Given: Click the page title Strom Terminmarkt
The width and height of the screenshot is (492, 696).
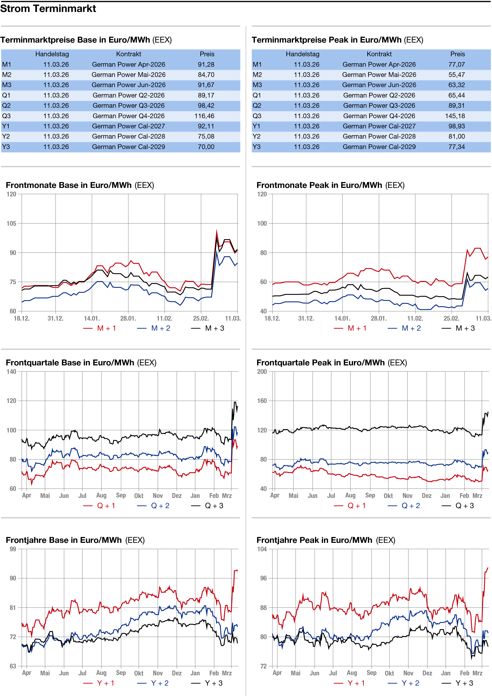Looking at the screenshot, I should pos(48,8).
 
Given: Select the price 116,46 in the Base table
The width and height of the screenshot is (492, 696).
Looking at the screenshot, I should pos(204,116).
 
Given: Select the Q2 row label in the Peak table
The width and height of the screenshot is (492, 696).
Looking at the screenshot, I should pos(257,106).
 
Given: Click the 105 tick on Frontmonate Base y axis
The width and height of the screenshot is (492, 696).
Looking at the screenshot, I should pos(11,223).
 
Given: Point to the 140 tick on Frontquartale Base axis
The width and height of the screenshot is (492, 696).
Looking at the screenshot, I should pos(11,372).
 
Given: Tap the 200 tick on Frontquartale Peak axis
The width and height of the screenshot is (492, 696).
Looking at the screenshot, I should pos(262,372).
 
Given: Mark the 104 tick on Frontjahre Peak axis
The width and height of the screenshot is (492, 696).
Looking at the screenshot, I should pos(262,549).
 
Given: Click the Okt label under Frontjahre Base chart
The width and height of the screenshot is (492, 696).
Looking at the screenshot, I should pos(139,673).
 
